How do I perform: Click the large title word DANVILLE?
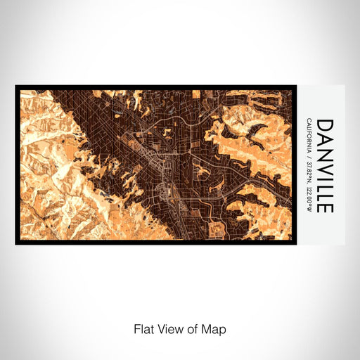[x=326, y=165]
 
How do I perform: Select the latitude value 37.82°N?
[x=309, y=173]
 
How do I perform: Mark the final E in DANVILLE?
[x=326, y=206]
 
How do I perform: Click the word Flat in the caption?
[x=143, y=328]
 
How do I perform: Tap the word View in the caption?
[x=169, y=328]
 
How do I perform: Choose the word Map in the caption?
[x=214, y=328]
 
